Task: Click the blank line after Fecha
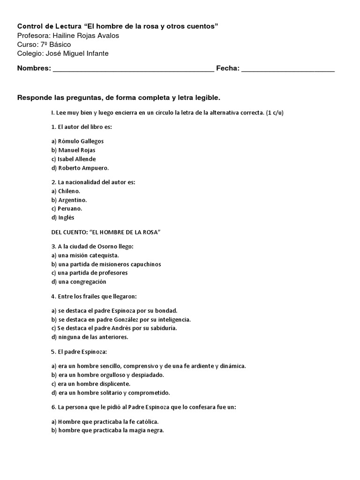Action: click(x=288, y=69)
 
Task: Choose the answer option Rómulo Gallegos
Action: click(x=77, y=141)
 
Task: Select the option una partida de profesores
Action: click(x=89, y=273)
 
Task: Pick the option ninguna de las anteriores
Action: click(x=90, y=337)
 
